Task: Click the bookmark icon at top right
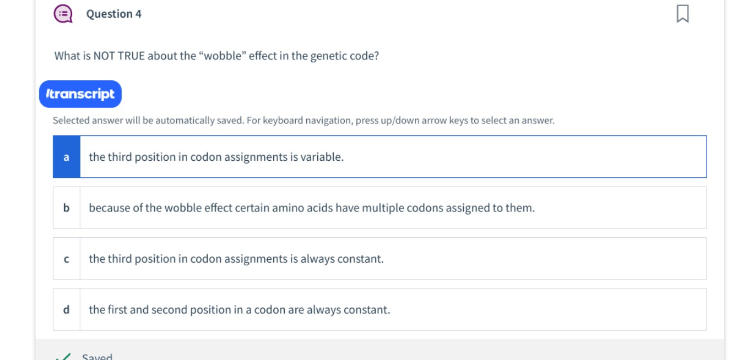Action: point(682,14)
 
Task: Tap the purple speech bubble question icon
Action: point(63,14)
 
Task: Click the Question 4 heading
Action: point(113,14)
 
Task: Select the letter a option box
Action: point(67,157)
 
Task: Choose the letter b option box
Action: point(67,208)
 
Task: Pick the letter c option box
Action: point(67,259)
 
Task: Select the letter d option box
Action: point(67,310)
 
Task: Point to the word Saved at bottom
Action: point(97,357)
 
